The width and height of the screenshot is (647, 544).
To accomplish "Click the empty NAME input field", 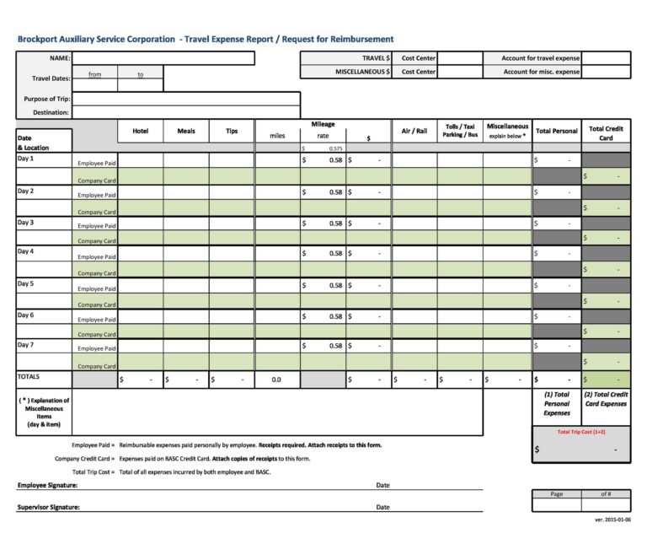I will (163, 58).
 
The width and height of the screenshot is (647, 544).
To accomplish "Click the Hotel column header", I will (141, 131).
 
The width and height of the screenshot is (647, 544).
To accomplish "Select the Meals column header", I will (186, 131).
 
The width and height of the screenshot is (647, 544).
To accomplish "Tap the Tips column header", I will (232, 131).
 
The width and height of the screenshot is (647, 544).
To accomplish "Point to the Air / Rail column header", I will (414, 131).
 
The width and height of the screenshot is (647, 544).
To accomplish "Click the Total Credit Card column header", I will (606, 133).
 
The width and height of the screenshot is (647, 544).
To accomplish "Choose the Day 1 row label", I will (26, 159).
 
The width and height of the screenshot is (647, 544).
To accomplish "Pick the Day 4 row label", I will (26, 251).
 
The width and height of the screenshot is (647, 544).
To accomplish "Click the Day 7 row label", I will (26, 344).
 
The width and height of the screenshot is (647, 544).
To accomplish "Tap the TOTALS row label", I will (29, 377).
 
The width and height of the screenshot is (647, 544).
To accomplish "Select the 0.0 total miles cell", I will (276, 380).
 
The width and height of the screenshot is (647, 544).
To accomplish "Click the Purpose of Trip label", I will (47, 99).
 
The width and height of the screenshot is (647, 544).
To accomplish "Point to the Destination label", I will (51, 112).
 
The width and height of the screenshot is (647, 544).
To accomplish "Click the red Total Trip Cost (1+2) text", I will (581, 432).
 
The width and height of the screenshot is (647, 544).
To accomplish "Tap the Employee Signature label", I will (47, 486).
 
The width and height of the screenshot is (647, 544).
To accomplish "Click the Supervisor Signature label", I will (48, 507).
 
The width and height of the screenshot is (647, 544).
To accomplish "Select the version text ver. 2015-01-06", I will (612, 520).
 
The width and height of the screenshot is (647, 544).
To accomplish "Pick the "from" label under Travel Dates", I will (95, 74).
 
